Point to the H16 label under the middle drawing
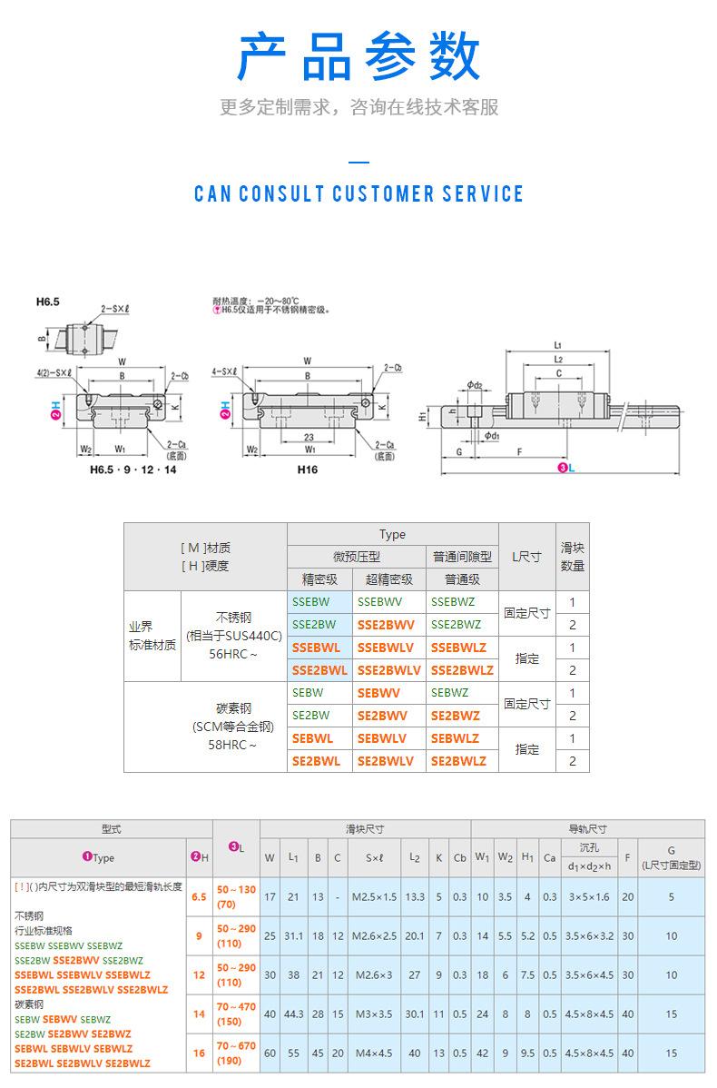309,471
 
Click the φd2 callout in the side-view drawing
474,386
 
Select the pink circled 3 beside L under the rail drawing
563,467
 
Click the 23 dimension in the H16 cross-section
309,436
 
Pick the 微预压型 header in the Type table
356,557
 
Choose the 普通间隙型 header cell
462,557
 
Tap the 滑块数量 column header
572,557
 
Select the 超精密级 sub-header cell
389,579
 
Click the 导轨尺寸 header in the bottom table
587,829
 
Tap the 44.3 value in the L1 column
293,1014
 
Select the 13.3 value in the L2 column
415,897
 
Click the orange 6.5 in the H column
199,897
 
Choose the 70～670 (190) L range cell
236,1053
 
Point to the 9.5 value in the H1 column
527,1053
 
